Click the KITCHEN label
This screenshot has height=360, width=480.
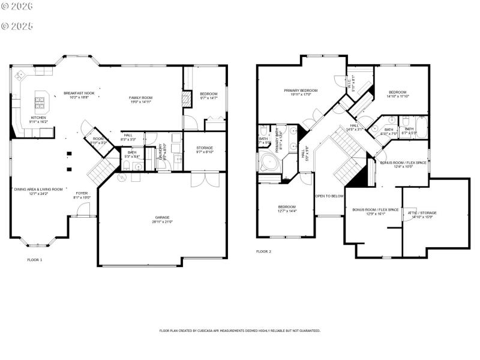point(38,118)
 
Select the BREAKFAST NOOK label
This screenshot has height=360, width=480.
point(79,93)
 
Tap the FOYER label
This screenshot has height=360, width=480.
point(82,193)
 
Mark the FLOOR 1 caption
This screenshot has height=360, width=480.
point(35,260)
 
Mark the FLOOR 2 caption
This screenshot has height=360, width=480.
point(263,251)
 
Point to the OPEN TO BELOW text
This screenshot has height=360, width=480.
point(329,196)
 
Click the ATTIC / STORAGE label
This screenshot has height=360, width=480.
point(422,213)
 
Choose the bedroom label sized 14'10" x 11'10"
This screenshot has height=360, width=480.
point(397,92)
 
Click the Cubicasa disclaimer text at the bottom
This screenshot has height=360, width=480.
point(239,331)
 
